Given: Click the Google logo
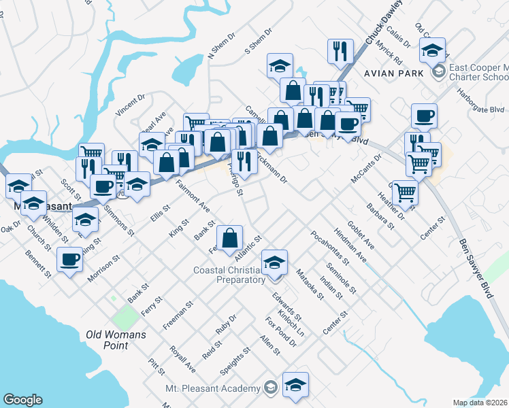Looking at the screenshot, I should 22,400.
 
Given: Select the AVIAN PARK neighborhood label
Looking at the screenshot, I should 393,72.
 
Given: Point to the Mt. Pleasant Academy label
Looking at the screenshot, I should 213,388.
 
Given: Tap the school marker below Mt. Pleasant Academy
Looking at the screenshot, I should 295,384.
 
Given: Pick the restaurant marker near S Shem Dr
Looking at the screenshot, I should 339,51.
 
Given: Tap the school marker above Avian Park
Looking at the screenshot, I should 433,50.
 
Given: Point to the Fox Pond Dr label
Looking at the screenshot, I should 281,331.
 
